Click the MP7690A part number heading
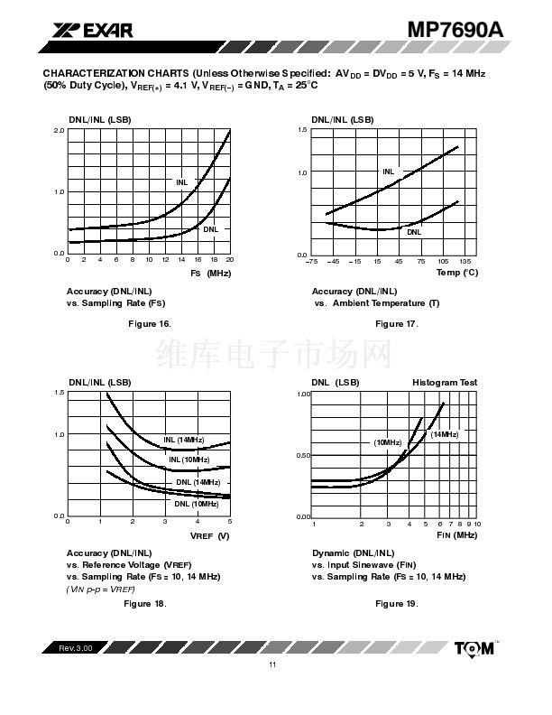[x=455, y=29]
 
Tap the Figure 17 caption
[x=397, y=323]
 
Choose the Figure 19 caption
[x=397, y=603]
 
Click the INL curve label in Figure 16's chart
[x=181, y=182]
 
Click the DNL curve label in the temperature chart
[x=414, y=232]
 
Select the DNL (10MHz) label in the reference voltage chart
[x=198, y=503]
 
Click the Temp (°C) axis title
[x=457, y=273]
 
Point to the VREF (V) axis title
[x=211, y=536]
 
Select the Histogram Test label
[x=445, y=383]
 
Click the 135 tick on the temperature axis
[x=465, y=261]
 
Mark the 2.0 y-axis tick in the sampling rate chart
[x=59, y=131]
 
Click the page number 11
[x=271, y=665]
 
